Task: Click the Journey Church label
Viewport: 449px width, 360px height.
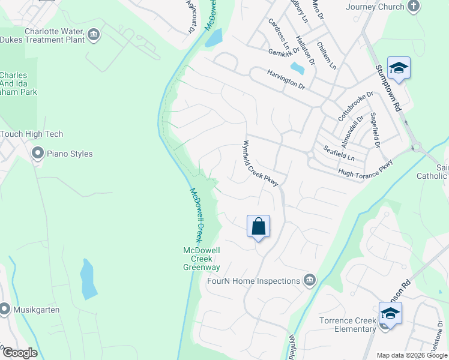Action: (x=375, y=7)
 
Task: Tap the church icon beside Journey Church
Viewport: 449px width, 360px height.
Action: (x=413, y=7)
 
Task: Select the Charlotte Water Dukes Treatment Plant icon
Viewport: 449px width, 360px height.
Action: (x=93, y=35)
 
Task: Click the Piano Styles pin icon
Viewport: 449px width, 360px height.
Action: (x=38, y=154)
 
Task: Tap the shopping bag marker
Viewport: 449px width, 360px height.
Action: (x=259, y=227)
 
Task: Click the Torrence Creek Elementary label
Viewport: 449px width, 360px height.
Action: (x=348, y=325)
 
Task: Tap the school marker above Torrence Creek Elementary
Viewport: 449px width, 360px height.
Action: (x=390, y=313)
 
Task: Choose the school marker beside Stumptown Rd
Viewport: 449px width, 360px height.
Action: (x=399, y=68)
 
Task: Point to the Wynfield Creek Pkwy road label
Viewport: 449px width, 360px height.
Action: (x=261, y=163)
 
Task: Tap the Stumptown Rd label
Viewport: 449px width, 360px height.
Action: (x=388, y=89)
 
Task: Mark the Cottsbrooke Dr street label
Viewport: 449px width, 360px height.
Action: (x=355, y=106)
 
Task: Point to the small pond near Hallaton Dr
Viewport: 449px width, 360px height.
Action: (x=297, y=68)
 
